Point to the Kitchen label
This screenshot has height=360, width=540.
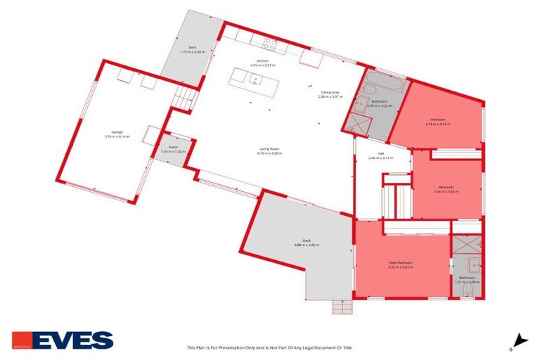pos(262,61)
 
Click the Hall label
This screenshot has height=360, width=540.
pos(380,154)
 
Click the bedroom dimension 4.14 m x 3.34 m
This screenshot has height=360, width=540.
pos(437,124)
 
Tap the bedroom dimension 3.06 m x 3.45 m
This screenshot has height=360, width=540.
pos(445,191)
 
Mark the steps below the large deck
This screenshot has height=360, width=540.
pos(342,307)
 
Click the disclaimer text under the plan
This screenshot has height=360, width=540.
pos(269,347)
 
